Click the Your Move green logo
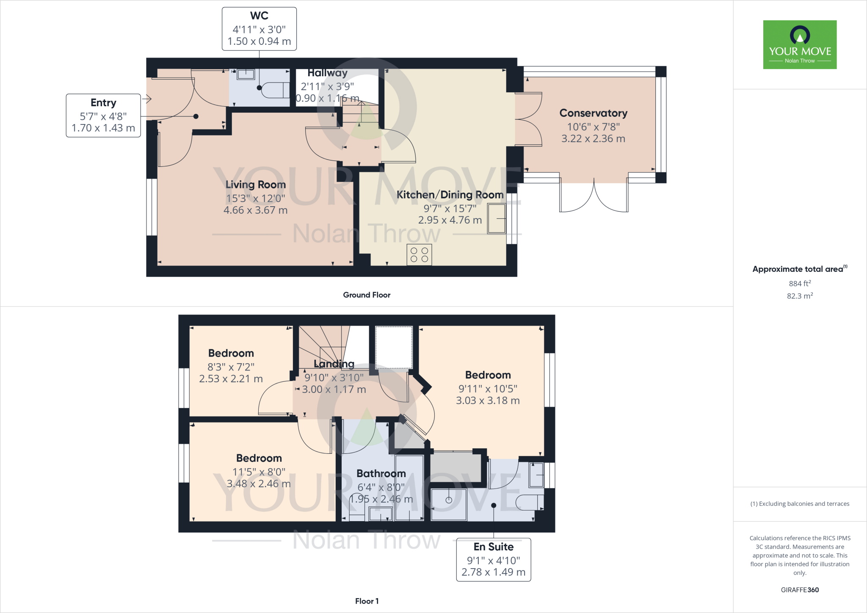point(800,44)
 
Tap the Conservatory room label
point(593,113)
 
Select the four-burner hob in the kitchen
point(419,255)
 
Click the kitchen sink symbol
point(497,218)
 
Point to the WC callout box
point(259,29)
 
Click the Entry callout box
point(103,115)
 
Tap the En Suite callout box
point(493,560)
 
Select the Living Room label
point(255,185)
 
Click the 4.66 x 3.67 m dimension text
point(255,210)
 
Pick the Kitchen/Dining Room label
point(450,195)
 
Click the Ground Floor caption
point(367,295)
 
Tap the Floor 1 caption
point(367,601)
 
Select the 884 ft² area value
point(799,283)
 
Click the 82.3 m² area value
point(799,295)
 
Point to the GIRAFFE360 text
point(799,590)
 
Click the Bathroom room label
point(381,473)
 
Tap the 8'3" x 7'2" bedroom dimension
point(231,367)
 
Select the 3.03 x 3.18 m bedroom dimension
point(488,400)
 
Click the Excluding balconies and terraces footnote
point(799,504)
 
